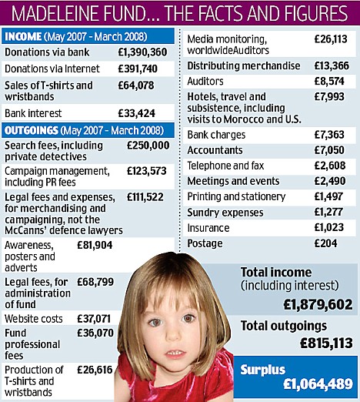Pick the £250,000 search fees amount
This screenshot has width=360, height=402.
click(x=148, y=145)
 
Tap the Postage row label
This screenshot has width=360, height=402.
click(x=205, y=243)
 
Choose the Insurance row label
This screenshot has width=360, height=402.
click(x=208, y=228)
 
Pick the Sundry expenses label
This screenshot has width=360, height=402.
click(x=225, y=212)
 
